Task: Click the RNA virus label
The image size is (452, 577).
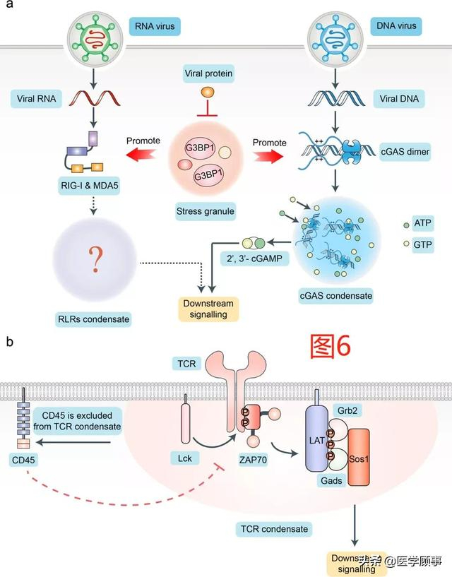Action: click(155, 28)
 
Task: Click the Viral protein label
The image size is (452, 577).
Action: click(208, 73)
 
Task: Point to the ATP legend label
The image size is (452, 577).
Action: click(424, 223)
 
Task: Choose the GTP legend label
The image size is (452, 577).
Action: click(424, 245)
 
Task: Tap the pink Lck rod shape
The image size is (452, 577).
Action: click(186, 427)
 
